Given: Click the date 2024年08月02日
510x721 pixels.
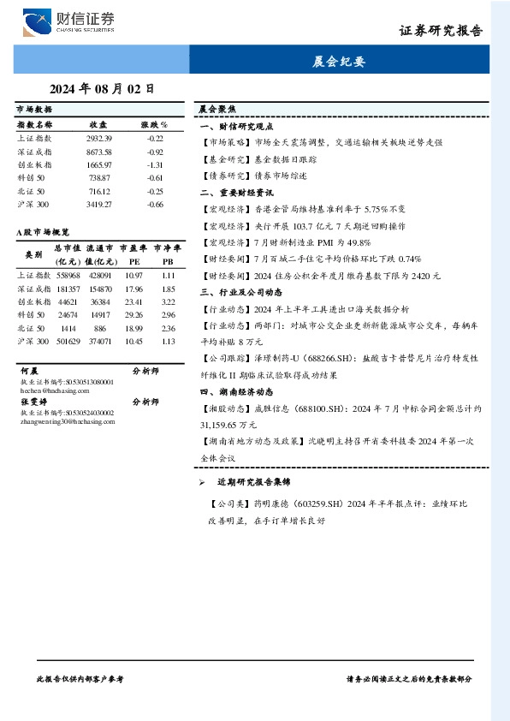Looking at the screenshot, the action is [102, 87].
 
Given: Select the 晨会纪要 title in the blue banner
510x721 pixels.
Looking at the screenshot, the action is [339, 61].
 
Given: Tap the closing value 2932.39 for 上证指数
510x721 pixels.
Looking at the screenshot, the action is [99, 138].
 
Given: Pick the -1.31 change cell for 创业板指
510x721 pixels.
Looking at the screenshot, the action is [155, 164].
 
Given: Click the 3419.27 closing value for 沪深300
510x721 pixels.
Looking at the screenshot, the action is [99, 205].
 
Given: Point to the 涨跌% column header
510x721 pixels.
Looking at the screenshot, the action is [154, 123].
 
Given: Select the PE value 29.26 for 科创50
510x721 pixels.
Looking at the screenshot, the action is [133, 314].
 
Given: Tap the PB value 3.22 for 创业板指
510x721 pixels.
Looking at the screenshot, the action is [168, 301].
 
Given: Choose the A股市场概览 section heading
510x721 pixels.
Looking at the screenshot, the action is [43, 232].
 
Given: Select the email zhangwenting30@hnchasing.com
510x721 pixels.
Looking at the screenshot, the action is [65, 421].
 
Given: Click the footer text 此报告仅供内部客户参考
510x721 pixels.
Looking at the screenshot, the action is [81, 677].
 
